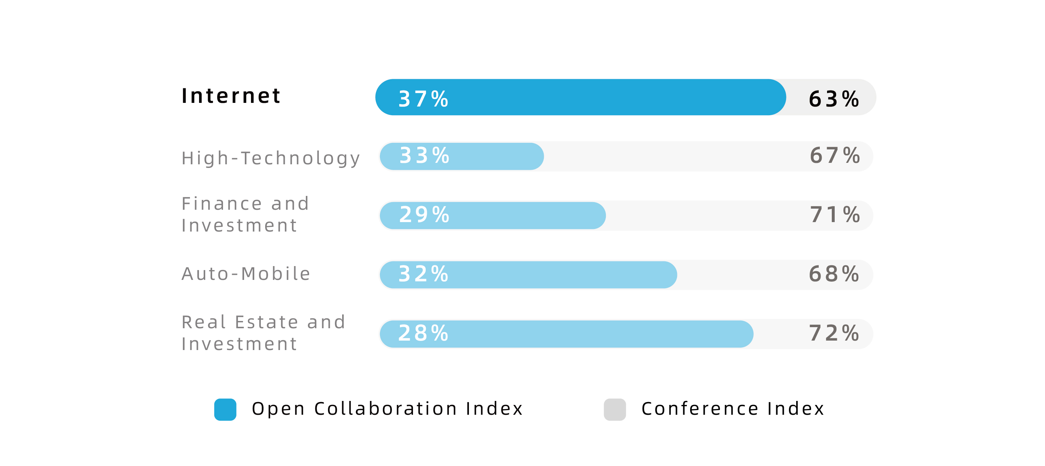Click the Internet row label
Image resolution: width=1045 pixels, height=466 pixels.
pos(231,96)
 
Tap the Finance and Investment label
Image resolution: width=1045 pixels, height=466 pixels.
pos(245,214)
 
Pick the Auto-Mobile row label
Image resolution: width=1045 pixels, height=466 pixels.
pos(246,274)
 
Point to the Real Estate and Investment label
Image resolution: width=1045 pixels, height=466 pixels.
pos(263,333)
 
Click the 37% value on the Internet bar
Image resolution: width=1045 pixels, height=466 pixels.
pos(423,99)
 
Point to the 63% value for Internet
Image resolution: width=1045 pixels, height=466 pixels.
pos(834,99)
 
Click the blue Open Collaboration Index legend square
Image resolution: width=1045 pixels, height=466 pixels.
pos(225,409)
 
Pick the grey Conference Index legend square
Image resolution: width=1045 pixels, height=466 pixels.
pos(615,409)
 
